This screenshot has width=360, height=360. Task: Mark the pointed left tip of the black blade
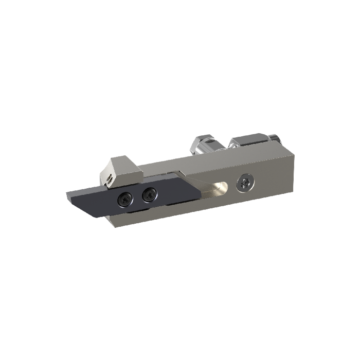click(67, 195)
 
